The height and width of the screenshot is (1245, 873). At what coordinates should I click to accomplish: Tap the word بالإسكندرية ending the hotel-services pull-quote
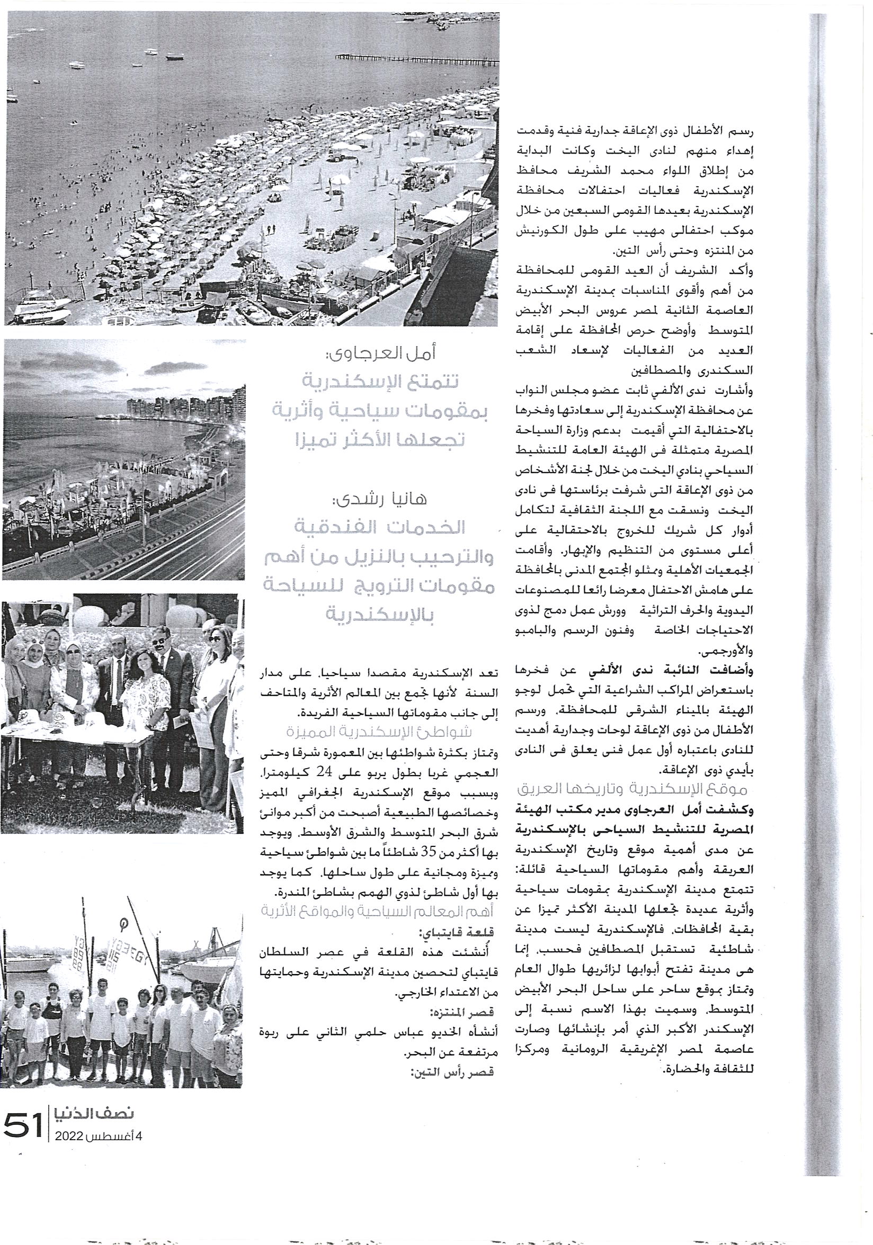tap(379, 615)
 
